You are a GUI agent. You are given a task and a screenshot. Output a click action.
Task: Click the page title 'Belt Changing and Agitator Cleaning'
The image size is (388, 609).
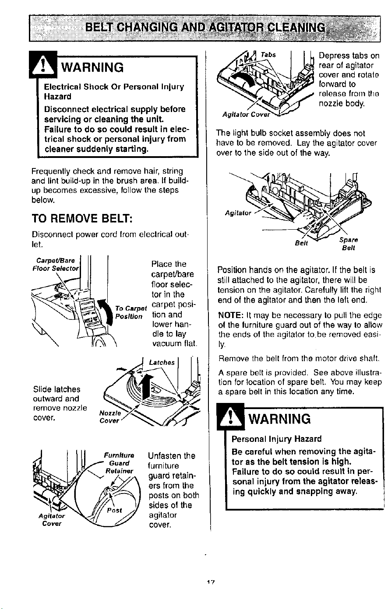point(205,28)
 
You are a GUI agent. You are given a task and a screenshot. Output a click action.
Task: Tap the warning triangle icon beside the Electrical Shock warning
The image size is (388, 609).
point(43,65)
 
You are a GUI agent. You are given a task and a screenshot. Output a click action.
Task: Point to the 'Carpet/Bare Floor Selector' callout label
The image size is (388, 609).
point(56,265)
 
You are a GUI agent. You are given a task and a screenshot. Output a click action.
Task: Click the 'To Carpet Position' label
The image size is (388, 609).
point(131,312)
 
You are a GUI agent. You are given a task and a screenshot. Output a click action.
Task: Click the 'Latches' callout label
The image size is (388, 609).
point(162,362)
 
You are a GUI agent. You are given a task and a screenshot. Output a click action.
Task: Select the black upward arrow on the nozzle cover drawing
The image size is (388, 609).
point(146,386)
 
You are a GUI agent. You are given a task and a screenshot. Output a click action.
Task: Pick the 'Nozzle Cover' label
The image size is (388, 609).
point(109,417)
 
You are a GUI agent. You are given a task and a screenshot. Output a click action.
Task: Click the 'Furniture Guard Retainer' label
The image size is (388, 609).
point(119,463)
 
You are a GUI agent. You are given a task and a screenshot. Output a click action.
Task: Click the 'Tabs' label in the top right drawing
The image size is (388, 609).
point(268,55)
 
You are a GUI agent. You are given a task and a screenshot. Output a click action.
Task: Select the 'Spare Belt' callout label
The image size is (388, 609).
point(349,244)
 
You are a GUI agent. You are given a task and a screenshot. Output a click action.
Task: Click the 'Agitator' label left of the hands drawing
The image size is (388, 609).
point(238,213)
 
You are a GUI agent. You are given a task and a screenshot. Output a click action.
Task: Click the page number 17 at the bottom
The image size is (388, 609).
point(211,582)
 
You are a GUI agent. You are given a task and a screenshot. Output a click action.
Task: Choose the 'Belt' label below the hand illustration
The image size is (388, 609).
point(301,243)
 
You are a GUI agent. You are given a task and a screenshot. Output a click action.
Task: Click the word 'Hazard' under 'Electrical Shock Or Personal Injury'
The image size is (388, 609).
point(58,97)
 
